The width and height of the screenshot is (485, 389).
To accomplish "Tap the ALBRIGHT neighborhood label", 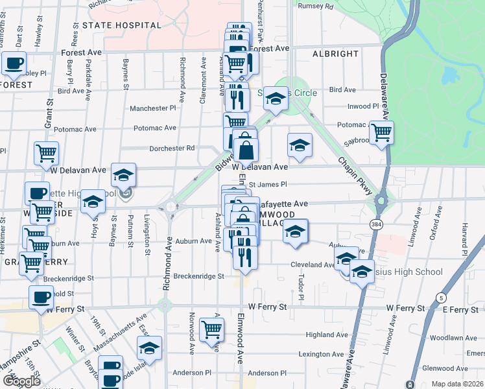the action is coord(335,54).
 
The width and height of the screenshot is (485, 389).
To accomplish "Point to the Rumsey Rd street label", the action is coord(315,6).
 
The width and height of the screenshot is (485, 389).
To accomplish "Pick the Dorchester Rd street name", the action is coord(172,148).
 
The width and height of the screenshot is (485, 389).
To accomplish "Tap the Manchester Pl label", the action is coord(152,108).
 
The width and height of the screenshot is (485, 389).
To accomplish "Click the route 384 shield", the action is coord(376,224).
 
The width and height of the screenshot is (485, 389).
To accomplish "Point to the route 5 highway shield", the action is coord(442,298).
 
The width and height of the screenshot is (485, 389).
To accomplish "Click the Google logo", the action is coord(21,381).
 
